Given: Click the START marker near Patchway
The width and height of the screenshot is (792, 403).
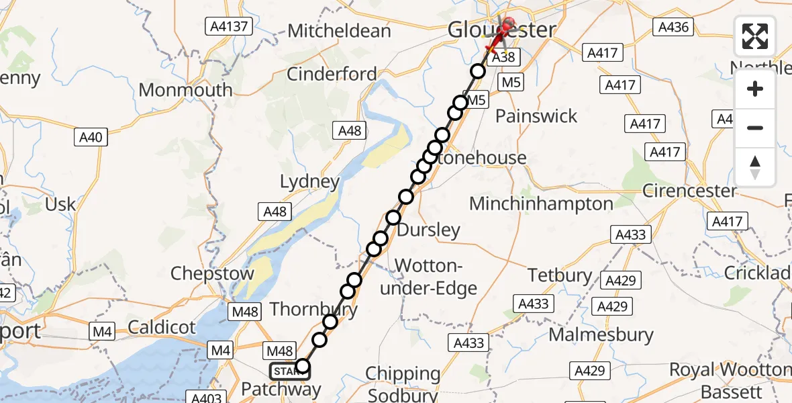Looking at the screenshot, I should click(x=289, y=371).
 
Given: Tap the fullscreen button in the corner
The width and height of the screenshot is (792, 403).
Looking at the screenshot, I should click(x=755, y=36).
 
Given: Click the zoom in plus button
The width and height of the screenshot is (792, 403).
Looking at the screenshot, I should click(x=755, y=89).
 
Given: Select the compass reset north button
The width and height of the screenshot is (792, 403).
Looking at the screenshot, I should click(x=755, y=167).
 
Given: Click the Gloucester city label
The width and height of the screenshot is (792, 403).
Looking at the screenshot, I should click(x=501, y=30).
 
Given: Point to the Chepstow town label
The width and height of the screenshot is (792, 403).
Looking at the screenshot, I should click(x=212, y=273).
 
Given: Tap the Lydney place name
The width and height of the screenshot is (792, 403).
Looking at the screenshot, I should click(x=310, y=182).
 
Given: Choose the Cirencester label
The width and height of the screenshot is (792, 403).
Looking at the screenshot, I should click(x=689, y=191).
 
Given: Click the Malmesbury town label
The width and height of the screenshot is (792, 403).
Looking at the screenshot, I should click(x=601, y=334).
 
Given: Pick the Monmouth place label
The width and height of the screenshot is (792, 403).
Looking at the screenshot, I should click(x=186, y=90).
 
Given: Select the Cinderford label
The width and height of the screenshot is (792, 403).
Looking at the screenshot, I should click(x=332, y=74).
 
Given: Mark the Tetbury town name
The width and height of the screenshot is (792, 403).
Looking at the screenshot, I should click(x=560, y=275).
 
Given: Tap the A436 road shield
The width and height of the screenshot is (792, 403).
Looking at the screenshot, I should click(x=673, y=27).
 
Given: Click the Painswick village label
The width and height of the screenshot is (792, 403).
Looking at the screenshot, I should click(x=536, y=116).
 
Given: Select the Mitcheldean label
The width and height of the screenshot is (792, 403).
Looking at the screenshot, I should click(x=339, y=31).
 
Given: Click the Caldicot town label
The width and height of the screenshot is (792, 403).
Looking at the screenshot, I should click(x=161, y=328).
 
